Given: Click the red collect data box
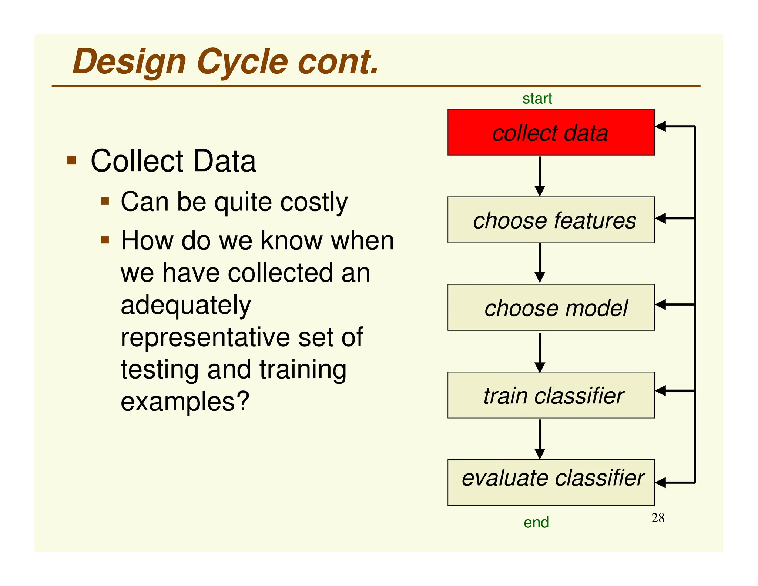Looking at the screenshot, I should (x=551, y=132).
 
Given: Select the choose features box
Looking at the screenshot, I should (x=551, y=220).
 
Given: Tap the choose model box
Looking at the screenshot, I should (x=551, y=307).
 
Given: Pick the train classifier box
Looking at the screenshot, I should (x=551, y=395).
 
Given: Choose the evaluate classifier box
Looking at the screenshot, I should (x=551, y=482).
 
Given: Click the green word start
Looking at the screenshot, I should (x=537, y=99).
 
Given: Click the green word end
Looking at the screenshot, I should (x=536, y=522).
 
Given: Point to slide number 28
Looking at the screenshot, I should (x=658, y=518).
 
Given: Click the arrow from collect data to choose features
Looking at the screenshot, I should (x=540, y=176).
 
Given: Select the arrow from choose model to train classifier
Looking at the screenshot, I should (x=540, y=352).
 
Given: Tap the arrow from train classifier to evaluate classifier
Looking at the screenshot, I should (x=540, y=439).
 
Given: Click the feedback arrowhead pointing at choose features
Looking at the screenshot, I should (x=661, y=219).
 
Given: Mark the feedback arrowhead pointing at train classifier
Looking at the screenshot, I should (x=661, y=391).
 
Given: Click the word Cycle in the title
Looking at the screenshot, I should (x=242, y=62).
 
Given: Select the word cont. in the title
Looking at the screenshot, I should (x=338, y=62).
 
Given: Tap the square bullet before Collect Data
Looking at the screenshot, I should (x=71, y=160).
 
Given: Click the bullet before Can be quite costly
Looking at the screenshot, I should (x=105, y=201).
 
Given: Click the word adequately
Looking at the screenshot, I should (x=186, y=306).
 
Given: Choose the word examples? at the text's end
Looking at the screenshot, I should (x=185, y=402).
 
